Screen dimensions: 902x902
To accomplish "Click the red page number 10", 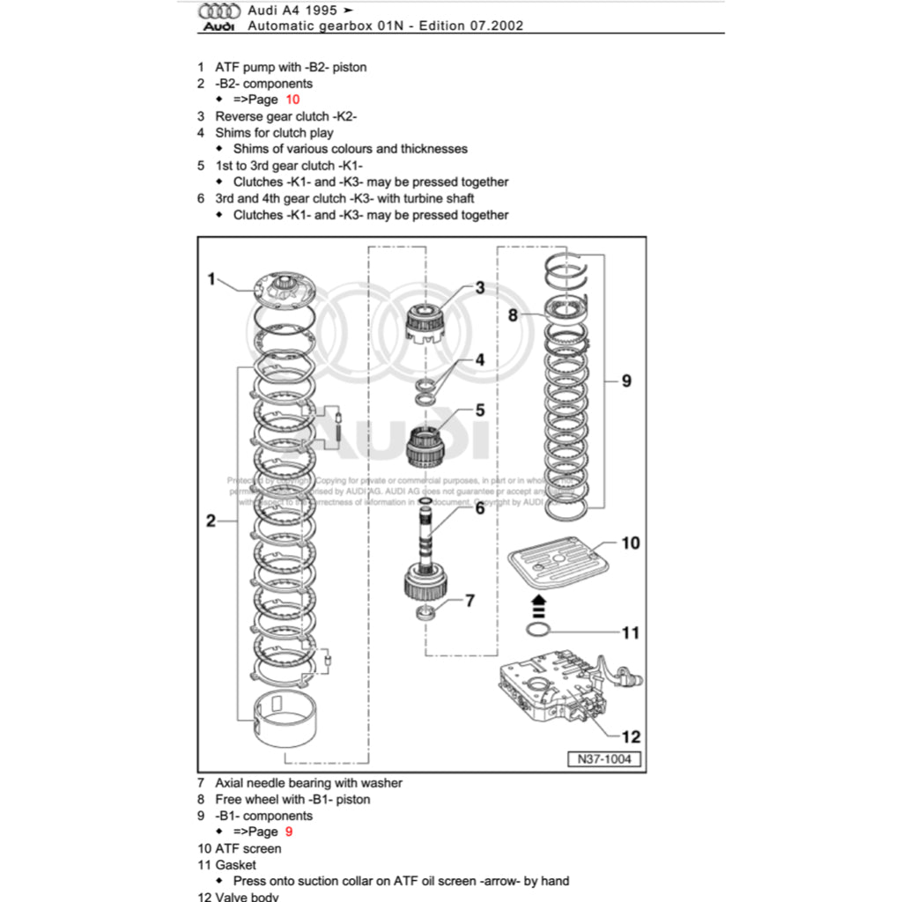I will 292,100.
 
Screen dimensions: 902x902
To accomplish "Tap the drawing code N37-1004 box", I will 603,759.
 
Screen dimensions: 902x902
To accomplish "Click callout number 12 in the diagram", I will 631,736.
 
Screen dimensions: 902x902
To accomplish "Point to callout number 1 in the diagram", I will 211,279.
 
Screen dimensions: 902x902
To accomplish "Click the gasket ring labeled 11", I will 539,629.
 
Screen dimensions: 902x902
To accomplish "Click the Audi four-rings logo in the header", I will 218,11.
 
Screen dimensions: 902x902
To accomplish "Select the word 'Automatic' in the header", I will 277,26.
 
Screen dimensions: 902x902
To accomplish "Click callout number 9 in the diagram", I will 626,381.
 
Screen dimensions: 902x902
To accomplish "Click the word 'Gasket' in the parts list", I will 235,865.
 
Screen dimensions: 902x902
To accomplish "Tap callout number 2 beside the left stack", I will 211,521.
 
